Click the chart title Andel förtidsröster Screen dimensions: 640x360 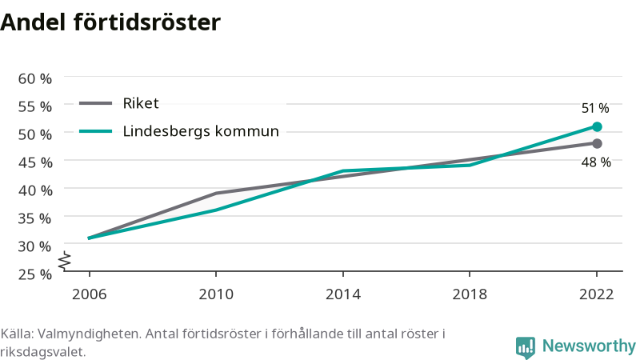(110, 22)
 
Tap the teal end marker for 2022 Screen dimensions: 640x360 (597, 127)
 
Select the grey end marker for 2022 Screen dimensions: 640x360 (597, 144)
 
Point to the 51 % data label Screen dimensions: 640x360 (595, 108)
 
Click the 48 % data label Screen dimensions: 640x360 (596, 162)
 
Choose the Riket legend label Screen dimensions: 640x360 (141, 103)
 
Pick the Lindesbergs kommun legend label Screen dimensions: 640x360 (201, 131)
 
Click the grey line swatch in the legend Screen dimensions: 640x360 (95, 103)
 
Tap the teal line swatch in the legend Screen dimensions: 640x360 (95, 131)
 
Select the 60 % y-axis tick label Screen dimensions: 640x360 (35, 78)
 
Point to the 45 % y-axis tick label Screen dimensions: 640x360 (35, 163)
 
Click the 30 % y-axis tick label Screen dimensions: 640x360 (34, 246)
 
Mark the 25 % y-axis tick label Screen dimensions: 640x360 (34, 274)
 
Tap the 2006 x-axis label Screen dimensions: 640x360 (89, 294)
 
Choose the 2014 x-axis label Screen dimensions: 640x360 (343, 294)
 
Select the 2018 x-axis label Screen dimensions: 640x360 (470, 294)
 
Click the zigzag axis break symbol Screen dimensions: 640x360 (65, 261)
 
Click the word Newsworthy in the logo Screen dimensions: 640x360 (589, 346)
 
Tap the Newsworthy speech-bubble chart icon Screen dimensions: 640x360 (526, 348)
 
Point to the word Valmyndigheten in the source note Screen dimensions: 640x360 (90, 334)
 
